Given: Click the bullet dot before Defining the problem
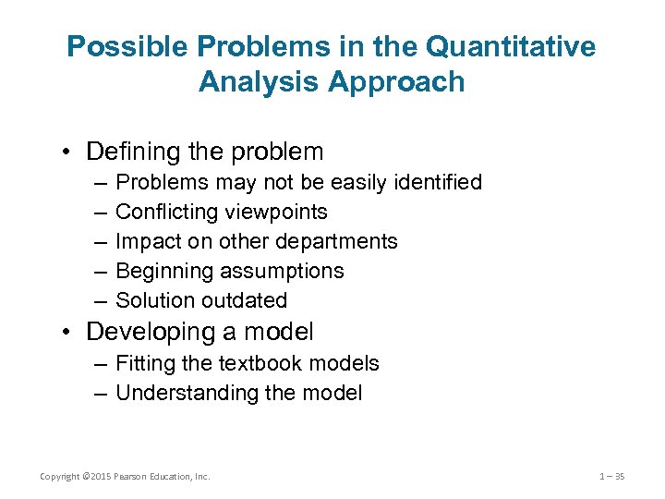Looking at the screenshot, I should coord(70,152).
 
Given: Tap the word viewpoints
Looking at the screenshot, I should coord(278,212).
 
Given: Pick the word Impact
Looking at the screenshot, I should coord(145,241).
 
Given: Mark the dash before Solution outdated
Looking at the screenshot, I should coord(98,300).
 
